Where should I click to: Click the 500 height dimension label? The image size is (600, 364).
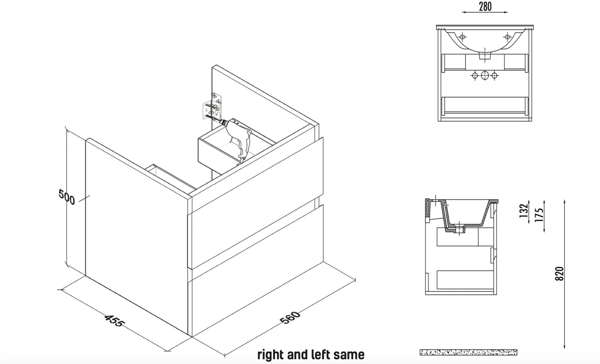tap(67, 197)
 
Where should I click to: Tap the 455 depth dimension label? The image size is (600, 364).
tap(113, 320)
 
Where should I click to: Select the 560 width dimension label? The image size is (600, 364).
tap(290, 318)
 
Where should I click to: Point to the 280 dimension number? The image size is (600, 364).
tap(485, 7)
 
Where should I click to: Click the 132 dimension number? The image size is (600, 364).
tap(524, 210)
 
